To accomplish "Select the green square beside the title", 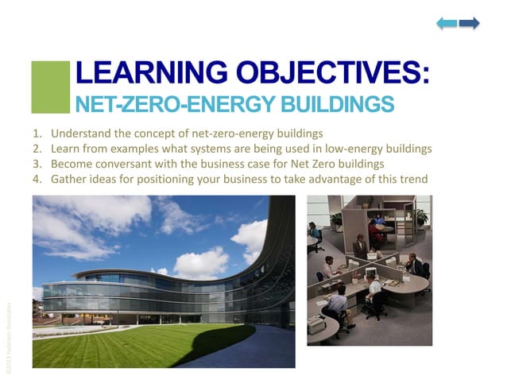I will [50, 87].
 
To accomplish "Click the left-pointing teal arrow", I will [447, 24].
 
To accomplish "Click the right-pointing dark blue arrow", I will [470, 24].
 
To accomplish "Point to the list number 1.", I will [37, 134].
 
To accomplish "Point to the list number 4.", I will [37, 179].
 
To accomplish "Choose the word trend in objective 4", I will [413, 179].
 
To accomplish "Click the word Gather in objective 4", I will [68, 179].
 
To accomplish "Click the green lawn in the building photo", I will [127, 346].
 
